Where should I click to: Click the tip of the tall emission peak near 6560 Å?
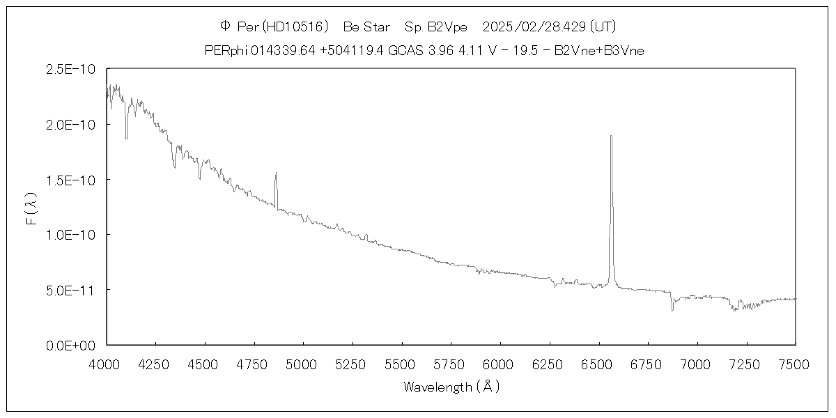pyautogui.click(x=611, y=136)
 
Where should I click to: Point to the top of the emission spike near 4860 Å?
pyautogui.click(x=276, y=173)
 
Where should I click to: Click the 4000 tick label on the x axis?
pyautogui.click(x=107, y=363)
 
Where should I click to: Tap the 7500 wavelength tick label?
pyautogui.click(x=796, y=363)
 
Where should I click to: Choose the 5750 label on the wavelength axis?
pyautogui.click(x=451, y=363)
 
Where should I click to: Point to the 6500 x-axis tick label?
pyautogui.click(x=598, y=363)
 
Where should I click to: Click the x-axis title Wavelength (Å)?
pyautogui.click(x=451, y=387)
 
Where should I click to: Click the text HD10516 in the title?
pyautogui.click(x=297, y=26)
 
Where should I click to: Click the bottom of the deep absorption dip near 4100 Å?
pyautogui.click(x=126, y=139)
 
